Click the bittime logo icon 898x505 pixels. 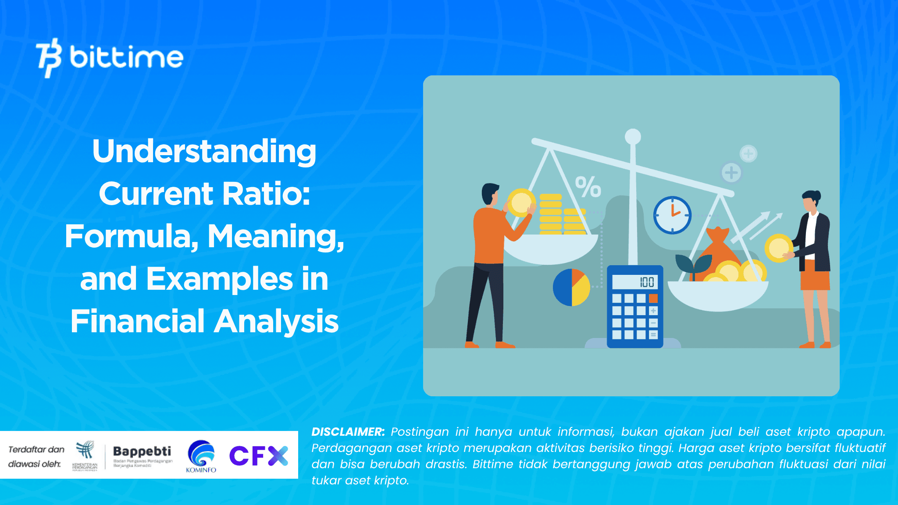[49, 57]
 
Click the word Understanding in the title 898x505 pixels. [204, 151]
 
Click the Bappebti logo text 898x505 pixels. [142, 452]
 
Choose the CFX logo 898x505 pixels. [259, 456]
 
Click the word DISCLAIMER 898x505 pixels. [348, 432]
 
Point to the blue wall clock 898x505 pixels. [672, 215]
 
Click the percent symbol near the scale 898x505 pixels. [588, 187]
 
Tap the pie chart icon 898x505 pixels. [571, 288]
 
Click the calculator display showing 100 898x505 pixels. [634, 282]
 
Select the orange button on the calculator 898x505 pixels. [653, 299]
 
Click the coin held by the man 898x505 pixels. [520, 203]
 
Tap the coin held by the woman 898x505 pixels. [778, 248]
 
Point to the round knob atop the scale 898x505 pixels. [633, 136]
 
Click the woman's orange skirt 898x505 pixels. [815, 275]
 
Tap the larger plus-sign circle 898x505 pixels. [731, 172]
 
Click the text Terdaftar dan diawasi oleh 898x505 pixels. [36, 457]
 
